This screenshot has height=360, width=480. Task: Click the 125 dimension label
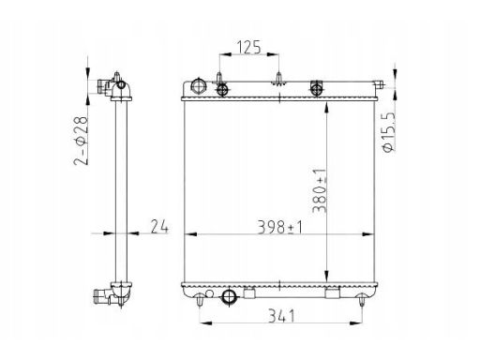[x=248, y=47]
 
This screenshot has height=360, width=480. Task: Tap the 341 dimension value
[x=281, y=316]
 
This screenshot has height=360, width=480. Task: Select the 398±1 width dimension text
[x=279, y=227]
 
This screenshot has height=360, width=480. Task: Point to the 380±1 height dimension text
[x=319, y=190]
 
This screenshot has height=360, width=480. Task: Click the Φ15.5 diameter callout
[x=389, y=131]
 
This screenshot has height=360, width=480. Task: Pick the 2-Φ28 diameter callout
[x=81, y=141]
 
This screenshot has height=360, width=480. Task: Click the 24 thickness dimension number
[x=159, y=227]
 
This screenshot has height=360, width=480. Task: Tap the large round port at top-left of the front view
[x=199, y=86]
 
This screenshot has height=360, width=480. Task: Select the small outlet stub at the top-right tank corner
[x=378, y=84]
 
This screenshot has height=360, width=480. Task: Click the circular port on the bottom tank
[x=229, y=296]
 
